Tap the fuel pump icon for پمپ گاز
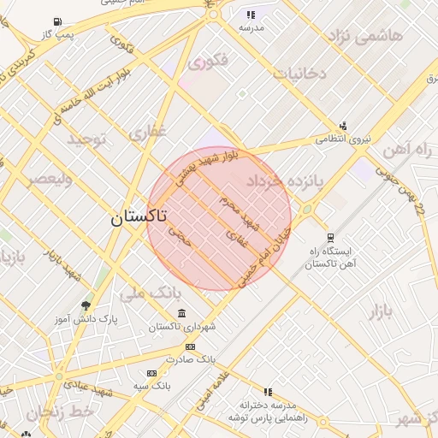[56, 21]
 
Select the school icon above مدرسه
[251, 15]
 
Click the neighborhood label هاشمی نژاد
[363, 38]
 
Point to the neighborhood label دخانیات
[299, 74]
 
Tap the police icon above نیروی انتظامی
[343, 125]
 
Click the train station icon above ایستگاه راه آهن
[329, 238]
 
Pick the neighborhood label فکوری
[208, 62]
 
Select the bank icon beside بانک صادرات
[190, 346]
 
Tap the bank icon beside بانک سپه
[152, 373]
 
